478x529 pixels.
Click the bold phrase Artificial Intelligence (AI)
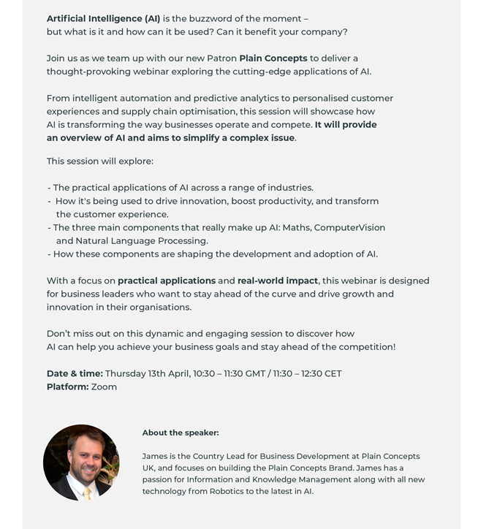point(103,19)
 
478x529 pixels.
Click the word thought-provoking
point(88,72)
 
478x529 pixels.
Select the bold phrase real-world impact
point(278,281)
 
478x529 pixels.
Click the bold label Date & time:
point(75,374)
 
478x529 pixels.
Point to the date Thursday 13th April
point(146,374)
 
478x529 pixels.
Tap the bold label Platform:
point(67,387)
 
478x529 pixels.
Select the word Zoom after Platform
point(105,387)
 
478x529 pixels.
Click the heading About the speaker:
point(181,433)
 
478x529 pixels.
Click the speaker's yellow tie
point(87,492)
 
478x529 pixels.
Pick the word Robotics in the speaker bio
point(229,492)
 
